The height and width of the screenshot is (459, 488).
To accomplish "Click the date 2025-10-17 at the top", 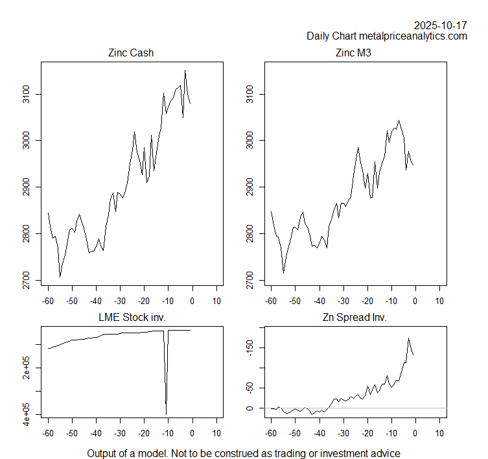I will pyautogui.click(x=440, y=25).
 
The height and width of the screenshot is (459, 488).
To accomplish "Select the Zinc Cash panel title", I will pyautogui.click(x=131, y=53).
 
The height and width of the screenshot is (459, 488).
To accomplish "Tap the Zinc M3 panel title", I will pyautogui.click(x=354, y=53).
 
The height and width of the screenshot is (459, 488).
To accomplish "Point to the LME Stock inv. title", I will pyautogui.click(x=131, y=318).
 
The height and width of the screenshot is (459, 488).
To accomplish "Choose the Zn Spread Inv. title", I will pyautogui.click(x=354, y=318).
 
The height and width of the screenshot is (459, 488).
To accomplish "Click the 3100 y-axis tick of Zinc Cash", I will pyautogui.click(x=27, y=95).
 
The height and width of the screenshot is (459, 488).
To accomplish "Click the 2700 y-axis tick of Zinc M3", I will pyautogui.click(x=250, y=280).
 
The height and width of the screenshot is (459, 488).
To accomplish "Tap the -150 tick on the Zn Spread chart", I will pyautogui.click(x=250, y=348).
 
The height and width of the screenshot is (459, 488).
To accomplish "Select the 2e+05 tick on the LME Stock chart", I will pyautogui.click(x=27, y=368).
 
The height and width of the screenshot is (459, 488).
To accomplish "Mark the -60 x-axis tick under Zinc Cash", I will pyautogui.click(x=48, y=301).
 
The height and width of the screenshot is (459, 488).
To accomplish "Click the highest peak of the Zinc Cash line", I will pyautogui.click(x=185, y=71).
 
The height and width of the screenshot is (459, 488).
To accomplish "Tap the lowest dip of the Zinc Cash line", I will pyautogui.click(x=60, y=277).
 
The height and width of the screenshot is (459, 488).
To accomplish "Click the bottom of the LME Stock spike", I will pyautogui.click(x=167, y=414).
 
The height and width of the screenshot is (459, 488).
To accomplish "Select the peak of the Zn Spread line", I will pyautogui.click(x=408, y=338).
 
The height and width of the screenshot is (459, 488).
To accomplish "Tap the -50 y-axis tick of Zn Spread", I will pyautogui.click(x=250, y=388).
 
